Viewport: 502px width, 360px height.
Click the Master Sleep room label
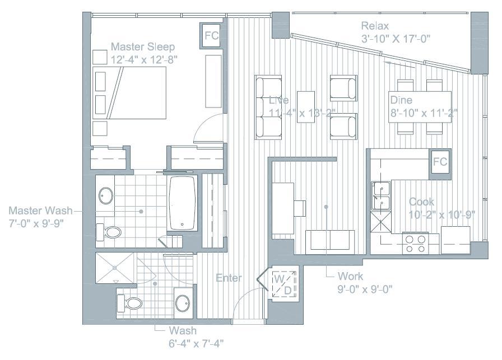click(x=143, y=46)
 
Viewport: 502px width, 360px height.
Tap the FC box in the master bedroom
click(x=211, y=36)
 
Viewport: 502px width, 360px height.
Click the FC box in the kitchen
click(x=440, y=162)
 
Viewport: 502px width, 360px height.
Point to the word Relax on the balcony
click(x=375, y=26)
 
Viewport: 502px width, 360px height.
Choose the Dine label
click(x=401, y=100)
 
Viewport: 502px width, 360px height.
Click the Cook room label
click(x=421, y=202)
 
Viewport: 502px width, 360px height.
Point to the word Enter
click(x=229, y=278)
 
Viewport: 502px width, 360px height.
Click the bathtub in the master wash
click(x=183, y=203)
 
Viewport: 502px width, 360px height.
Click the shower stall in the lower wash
click(x=115, y=269)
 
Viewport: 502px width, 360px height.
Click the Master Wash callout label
click(x=41, y=211)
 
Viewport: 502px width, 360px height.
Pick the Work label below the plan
click(x=351, y=277)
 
